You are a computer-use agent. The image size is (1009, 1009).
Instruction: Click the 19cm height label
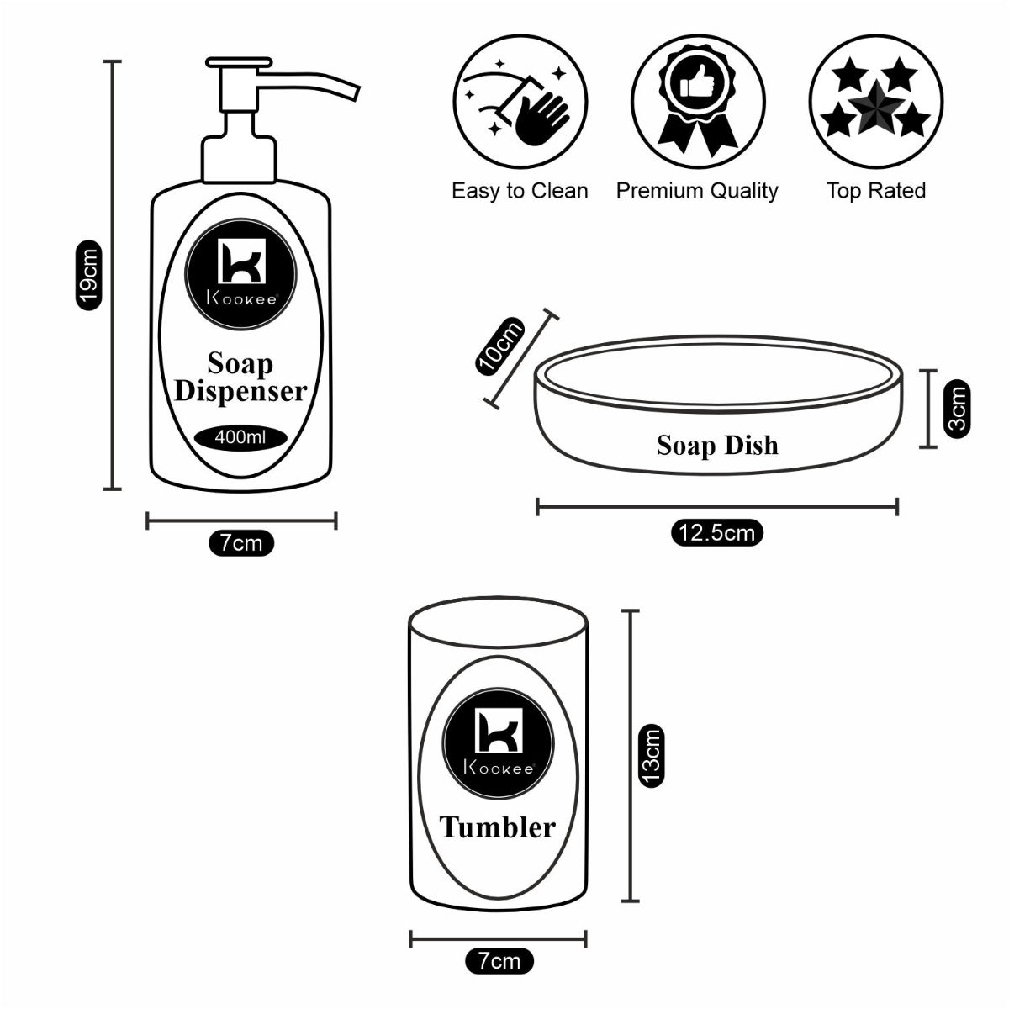tap(90, 275)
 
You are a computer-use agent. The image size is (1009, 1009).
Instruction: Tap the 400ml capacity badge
tap(241, 437)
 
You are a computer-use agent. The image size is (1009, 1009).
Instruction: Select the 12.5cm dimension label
tap(717, 533)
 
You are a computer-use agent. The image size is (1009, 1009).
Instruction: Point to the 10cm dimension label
tap(499, 346)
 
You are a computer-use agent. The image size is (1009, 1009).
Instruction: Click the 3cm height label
tap(957, 408)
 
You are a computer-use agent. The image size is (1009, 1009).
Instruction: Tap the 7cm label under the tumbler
tap(499, 960)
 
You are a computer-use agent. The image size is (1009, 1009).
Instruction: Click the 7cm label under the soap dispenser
tap(241, 543)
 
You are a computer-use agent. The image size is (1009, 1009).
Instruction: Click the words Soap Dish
tap(717, 445)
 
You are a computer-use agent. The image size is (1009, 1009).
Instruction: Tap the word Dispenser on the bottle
tap(240, 392)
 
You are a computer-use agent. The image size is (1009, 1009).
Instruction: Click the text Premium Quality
tap(697, 191)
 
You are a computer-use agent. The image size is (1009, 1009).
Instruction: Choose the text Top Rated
tap(875, 191)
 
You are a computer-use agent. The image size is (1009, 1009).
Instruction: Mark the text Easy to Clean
tap(520, 191)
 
